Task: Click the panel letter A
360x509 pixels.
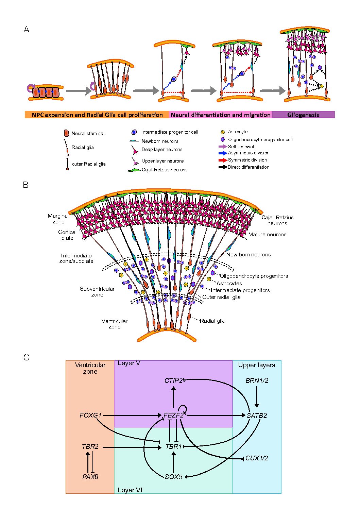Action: [26, 30]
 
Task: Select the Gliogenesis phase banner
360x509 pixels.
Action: [303, 115]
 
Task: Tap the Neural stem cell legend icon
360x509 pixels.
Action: [67, 133]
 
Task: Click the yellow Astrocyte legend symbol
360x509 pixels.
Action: [223, 132]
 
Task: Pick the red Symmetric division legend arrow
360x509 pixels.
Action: [223, 160]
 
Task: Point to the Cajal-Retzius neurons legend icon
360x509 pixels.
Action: [134, 170]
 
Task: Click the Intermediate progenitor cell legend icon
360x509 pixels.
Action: [134, 132]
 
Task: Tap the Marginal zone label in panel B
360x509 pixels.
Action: [58, 219]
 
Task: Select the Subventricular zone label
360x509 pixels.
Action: [97, 292]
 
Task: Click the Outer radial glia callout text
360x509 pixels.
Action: [221, 297]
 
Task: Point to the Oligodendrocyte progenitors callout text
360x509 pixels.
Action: [254, 276]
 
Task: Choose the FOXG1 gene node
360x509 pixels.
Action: [90, 415]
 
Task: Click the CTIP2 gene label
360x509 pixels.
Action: [173, 380]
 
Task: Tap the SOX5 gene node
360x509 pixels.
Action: [173, 477]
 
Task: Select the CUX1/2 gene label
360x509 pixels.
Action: [256, 458]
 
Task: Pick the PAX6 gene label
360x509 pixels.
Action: [90, 477]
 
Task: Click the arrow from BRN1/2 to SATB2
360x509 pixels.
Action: [257, 396]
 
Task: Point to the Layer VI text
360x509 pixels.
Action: [130, 490]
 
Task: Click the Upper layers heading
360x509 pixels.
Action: [256, 365]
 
